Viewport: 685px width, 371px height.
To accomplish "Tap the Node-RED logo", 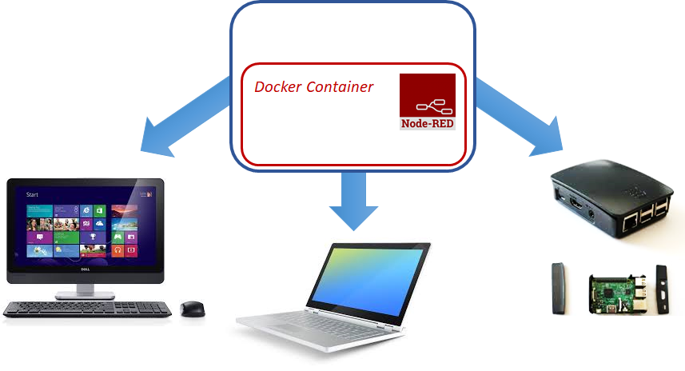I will [427, 96].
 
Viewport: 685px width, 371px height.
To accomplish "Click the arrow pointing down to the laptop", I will [353, 199].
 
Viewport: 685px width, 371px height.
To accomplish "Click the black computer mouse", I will [191, 309].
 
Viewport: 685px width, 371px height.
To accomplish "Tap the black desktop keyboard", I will [88, 309].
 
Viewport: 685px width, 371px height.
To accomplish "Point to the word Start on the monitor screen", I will [33, 194].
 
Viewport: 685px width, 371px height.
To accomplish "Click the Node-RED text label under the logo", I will [427, 123].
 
